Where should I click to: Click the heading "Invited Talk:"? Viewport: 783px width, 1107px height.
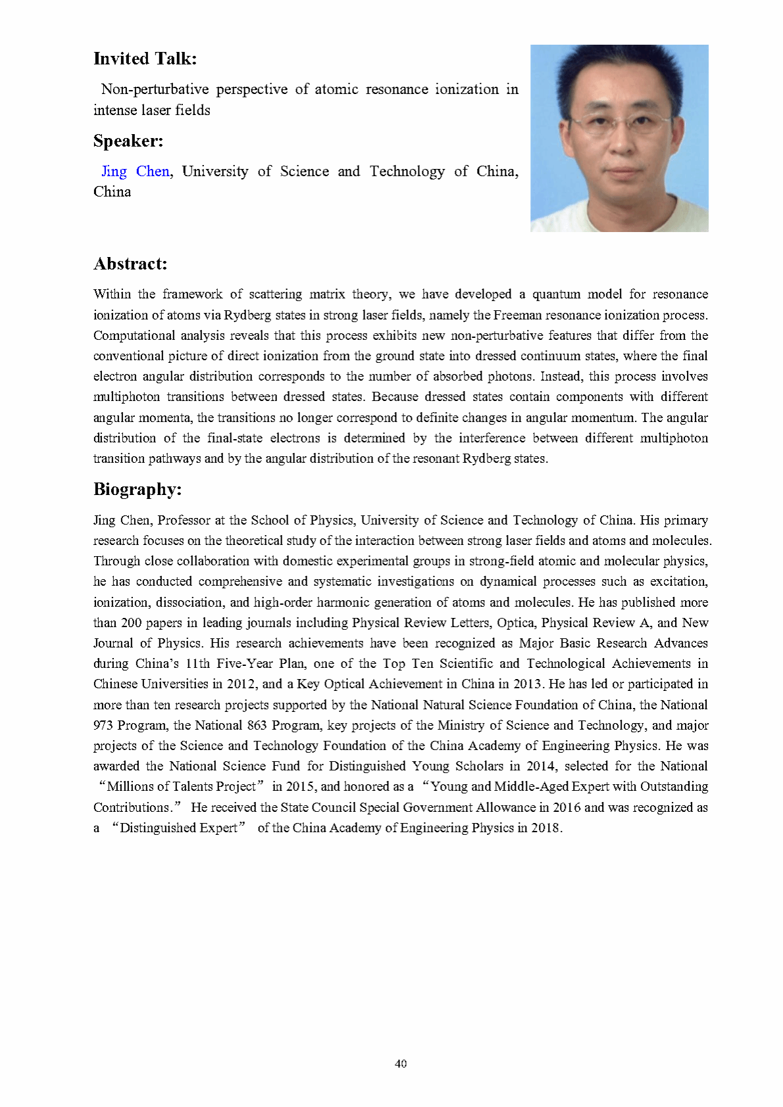(x=145, y=59)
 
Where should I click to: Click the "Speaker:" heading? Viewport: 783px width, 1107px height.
(x=128, y=141)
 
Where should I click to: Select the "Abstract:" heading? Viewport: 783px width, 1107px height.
(x=130, y=264)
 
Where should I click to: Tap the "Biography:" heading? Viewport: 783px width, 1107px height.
(x=138, y=489)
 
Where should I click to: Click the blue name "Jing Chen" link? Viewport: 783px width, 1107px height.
(x=135, y=172)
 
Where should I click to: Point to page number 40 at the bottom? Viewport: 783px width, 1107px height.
(x=401, y=1063)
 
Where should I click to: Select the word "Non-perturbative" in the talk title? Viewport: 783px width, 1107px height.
(x=155, y=89)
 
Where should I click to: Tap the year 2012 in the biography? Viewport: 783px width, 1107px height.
(x=241, y=684)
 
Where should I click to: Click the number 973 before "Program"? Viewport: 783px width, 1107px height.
(x=103, y=725)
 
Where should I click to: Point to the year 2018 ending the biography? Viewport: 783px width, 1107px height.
(x=545, y=828)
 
